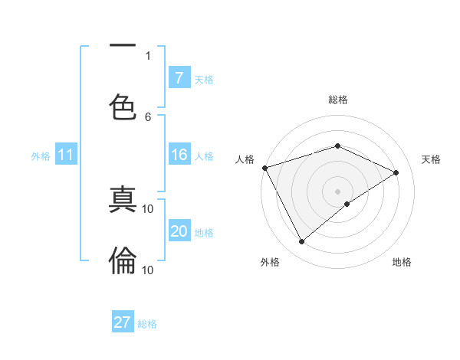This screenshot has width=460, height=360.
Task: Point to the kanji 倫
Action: [123, 260]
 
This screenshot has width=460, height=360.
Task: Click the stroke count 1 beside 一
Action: [148, 55]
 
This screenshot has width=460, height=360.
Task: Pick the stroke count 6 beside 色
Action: [148, 116]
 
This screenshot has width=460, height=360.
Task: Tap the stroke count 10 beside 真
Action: [148, 208]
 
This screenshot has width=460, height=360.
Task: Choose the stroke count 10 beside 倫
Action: [148, 270]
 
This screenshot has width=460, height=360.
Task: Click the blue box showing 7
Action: [179, 78]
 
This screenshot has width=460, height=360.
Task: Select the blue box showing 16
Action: [179, 155]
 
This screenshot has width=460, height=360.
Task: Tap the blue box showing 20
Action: [179, 232]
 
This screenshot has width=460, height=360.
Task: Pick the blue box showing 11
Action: [66, 155]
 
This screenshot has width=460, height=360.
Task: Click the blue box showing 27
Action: [123, 322]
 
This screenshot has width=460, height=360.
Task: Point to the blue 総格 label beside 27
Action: [147, 324]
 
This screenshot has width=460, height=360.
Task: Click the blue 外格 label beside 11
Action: [41, 156]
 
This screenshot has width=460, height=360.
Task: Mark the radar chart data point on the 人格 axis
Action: [264, 168]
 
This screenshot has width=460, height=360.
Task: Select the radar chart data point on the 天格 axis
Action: [396, 172]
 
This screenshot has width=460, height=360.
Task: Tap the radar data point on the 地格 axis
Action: [347, 204]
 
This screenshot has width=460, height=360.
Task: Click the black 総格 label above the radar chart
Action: [338, 100]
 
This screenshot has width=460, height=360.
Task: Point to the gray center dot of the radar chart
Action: [337, 191]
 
